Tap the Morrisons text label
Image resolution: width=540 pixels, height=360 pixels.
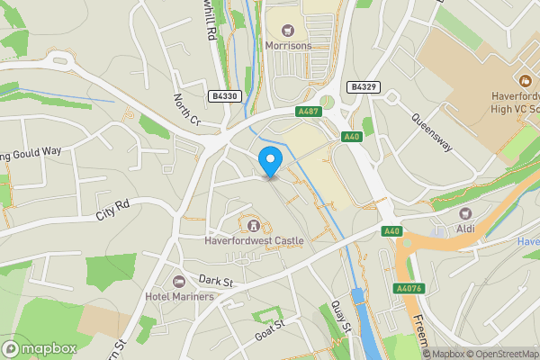pyautogui.click(x=287, y=44)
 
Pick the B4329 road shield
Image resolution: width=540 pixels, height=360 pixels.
pyautogui.click(x=361, y=87)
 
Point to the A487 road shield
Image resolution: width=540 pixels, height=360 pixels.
pyautogui.click(x=308, y=112)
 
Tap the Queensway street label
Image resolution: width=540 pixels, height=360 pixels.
pyautogui.click(x=430, y=130)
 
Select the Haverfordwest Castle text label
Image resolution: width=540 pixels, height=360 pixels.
pyautogui.click(x=254, y=240)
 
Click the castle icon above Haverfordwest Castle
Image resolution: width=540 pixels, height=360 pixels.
pyautogui.click(x=253, y=224)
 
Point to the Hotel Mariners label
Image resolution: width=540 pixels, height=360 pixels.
pyautogui.click(x=179, y=296)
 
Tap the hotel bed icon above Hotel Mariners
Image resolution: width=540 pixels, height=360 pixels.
pyautogui.click(x=178, y=282)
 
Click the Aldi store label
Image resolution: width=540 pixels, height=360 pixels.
pyautogui.click(x=465, y=229)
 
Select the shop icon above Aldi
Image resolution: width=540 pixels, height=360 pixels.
pyautogui.click(x=465, y=214)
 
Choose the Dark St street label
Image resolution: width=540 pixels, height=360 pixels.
pyautogui.click(x=216, y=282)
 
